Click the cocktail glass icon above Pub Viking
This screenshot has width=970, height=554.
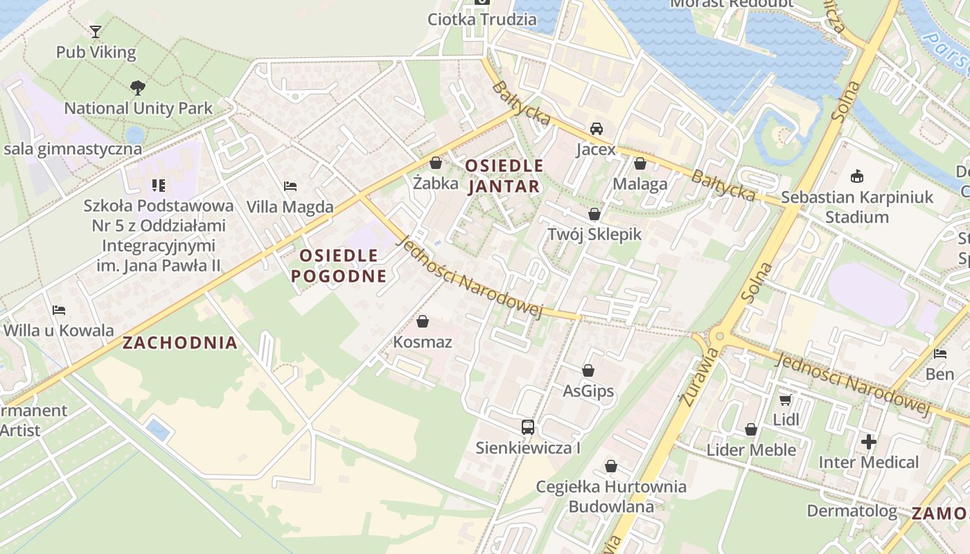click(96, 31)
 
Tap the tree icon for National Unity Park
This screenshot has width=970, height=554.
click(137, 88)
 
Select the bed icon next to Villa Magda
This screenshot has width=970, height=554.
click(290, 186)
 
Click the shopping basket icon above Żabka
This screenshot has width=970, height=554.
click(436, 163)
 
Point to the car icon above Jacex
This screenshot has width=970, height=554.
click(596, 129)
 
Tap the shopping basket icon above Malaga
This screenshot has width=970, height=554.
click(640, 163)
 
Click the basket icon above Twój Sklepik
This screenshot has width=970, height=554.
click(594, 214)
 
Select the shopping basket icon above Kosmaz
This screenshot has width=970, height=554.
click(423, 321)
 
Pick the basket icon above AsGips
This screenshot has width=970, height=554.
click(588, 370)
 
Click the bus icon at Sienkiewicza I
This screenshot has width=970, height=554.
click(528, 427)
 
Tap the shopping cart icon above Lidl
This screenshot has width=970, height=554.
click(786, 400)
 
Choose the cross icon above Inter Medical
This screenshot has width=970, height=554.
click(869, 441)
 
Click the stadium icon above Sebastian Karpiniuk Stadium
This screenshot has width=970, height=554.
click(857, 177)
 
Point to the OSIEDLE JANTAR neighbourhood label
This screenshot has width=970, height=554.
click(504, 176)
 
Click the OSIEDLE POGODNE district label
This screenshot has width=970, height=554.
click(339, 266)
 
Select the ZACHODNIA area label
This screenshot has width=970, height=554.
click(180, 342)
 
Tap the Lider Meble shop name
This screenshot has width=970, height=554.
click(751, 450)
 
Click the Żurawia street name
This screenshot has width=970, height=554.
click(700, 377)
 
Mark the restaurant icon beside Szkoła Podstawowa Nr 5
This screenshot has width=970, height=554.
click(159, 186)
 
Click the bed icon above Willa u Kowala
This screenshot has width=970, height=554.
click(59, 310)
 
